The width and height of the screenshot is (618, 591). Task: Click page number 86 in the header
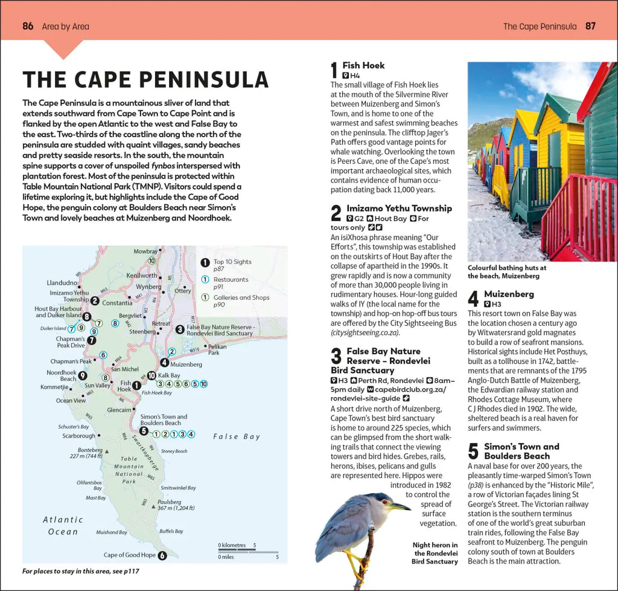coord(28,26)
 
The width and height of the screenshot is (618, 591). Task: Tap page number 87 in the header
coord(591,26)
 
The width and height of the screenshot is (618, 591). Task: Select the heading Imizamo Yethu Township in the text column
coord(399,208)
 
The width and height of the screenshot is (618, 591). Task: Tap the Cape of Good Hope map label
coord(129,555)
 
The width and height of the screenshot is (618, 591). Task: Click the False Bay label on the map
coord(237,436)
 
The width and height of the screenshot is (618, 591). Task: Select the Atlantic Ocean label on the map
coord(63,526)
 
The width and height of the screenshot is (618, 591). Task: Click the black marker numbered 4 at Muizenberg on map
coord(164,363)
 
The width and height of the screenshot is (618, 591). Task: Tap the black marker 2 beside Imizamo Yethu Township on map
coord(95,300)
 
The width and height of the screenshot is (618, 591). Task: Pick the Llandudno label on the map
coord(62,282)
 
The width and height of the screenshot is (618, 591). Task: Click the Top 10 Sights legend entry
coord(232,265)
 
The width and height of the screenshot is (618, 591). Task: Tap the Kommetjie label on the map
coord(54,387)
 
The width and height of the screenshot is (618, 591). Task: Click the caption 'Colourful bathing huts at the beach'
coord(507,271)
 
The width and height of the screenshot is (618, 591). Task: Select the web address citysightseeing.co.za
coord(365,332)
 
